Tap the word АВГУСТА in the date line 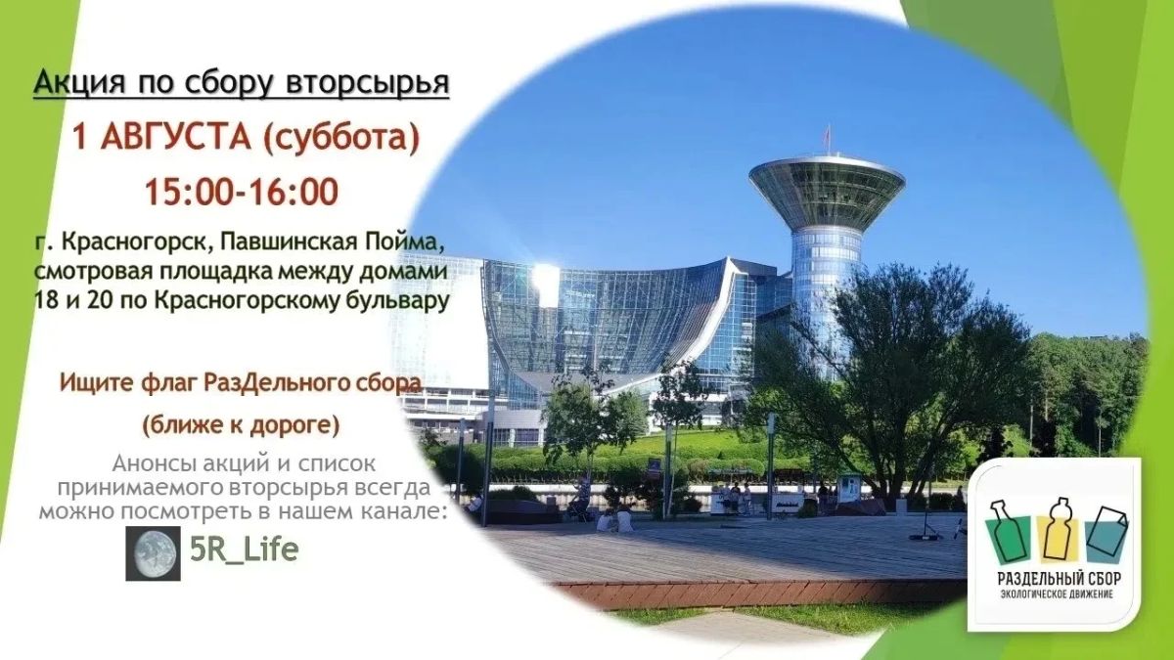[175, 136]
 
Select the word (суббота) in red [341, 138]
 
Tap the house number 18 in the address [46, 300]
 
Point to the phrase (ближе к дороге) [241, 424]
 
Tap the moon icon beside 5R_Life [153, 553]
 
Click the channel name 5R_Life [245, 550]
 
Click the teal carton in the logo [1106, 534]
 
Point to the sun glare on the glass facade [546, 283]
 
